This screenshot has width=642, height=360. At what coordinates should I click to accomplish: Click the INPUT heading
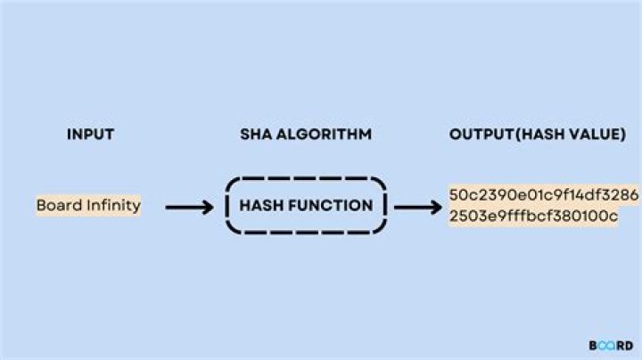(x=90, y=135)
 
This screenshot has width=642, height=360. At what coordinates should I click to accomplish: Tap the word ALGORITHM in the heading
(x=325, y=135)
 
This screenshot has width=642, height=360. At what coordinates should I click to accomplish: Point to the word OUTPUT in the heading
(x=481, y=135)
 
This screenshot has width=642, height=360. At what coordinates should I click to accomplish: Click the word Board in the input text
(x=60, y=205)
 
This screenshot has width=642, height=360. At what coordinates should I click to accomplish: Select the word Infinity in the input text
(x=114, y=206)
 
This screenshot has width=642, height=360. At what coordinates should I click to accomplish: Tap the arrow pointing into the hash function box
(x=189, y=208)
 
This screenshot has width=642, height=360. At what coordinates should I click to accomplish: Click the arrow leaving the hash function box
(x=418, y=208)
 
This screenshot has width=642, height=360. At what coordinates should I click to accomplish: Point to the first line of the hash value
(x=544, y=195)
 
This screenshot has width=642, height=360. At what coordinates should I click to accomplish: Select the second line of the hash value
(x=533, y=216)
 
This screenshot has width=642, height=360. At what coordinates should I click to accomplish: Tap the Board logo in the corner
(x=611, y=346)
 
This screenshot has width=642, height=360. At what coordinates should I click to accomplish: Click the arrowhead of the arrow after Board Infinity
(x=208, y=208)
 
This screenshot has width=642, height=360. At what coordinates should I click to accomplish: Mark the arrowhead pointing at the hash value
(x=437, y=208)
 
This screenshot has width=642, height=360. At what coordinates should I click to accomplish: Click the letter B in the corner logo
(x=593, y=346)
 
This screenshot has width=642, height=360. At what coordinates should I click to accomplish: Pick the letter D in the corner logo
(x=629, y=346)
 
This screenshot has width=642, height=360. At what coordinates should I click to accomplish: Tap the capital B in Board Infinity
(x=41, y=205)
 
